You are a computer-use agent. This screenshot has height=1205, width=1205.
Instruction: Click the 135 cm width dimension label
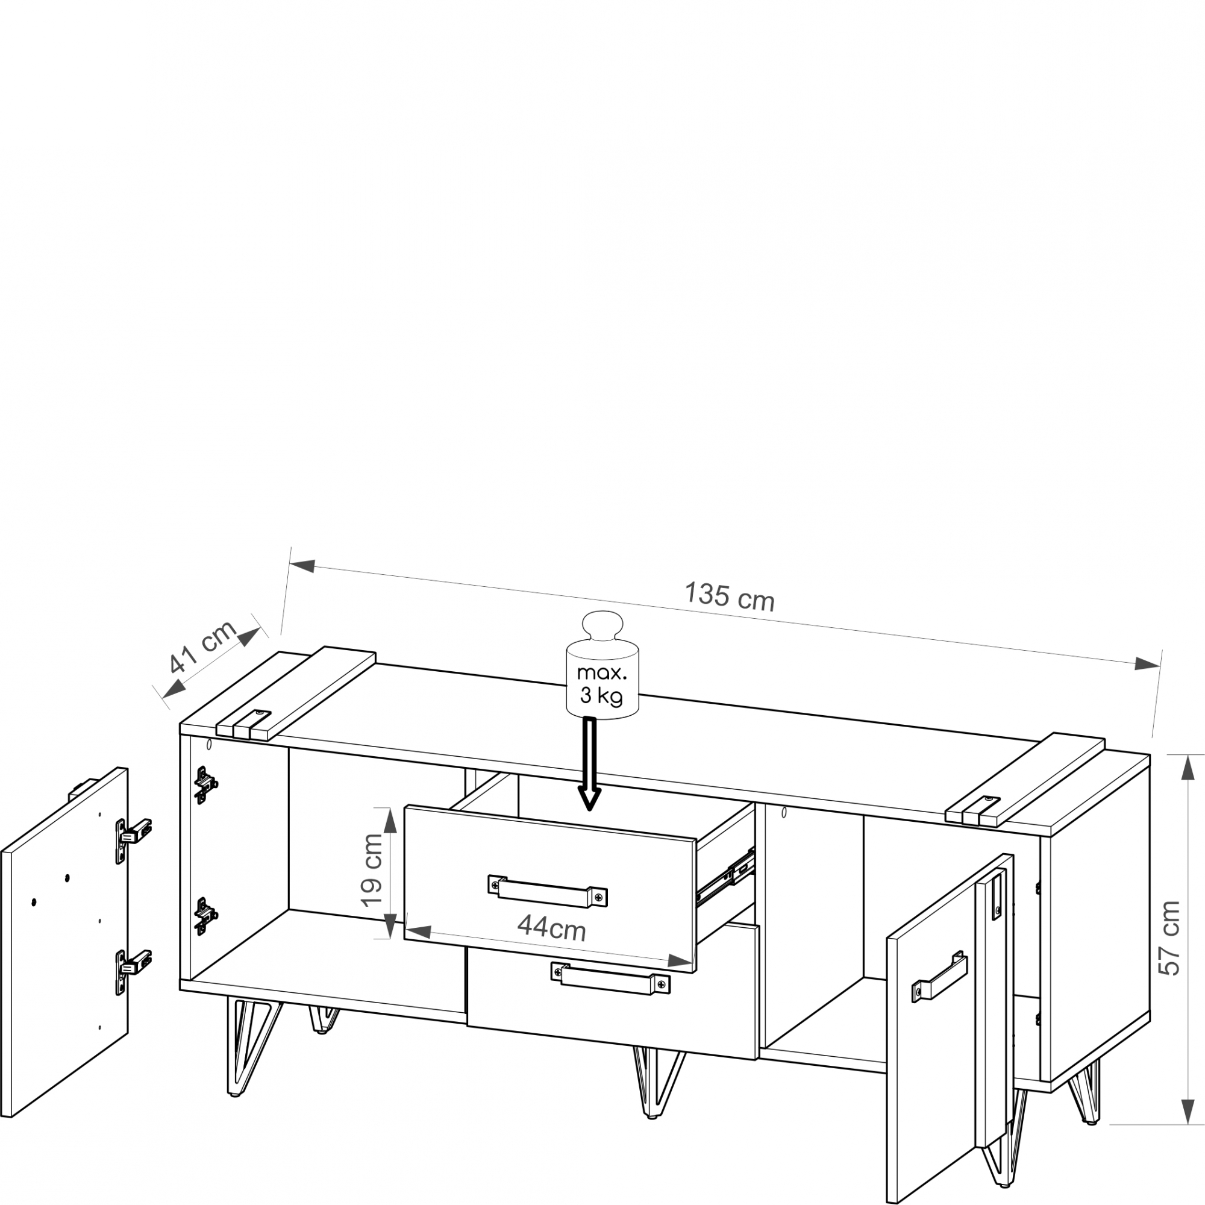(x=729, y=596)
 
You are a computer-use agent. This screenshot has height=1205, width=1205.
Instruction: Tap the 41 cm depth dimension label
(x=203, y=646)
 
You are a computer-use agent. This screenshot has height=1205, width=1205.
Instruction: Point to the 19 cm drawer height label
(x=372, y=871)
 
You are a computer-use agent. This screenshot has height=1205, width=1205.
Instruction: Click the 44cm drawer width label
(x=551, y=927)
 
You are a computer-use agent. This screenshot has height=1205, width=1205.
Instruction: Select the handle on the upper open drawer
(x=548, y=890)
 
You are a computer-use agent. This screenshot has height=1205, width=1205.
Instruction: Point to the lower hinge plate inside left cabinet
(x=206, y=916)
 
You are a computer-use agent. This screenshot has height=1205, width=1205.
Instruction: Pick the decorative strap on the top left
(x=296, y=693)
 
